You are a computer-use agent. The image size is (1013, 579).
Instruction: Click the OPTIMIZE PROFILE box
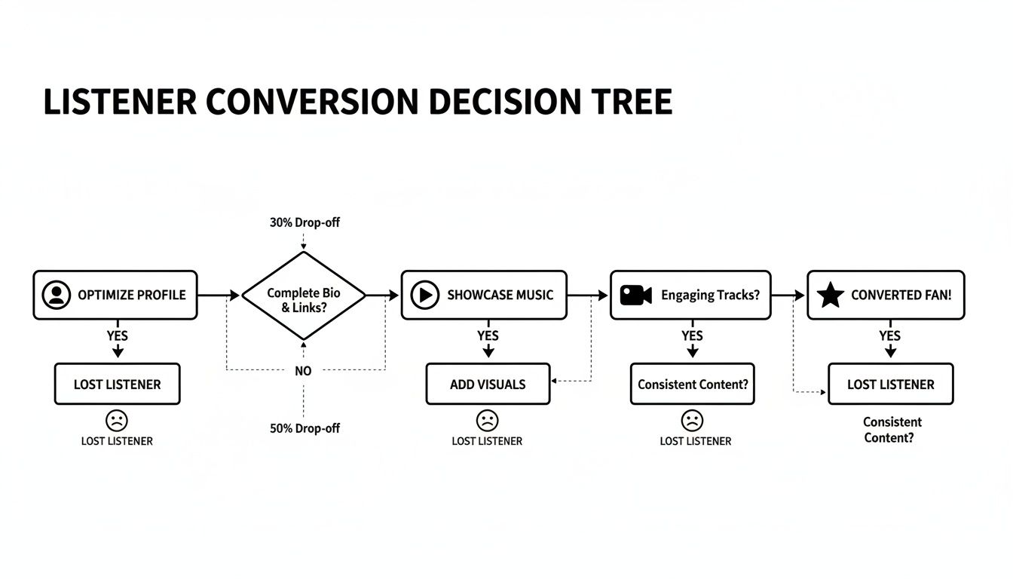[115, 295]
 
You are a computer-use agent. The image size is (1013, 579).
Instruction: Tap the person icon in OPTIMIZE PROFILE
[57, 295]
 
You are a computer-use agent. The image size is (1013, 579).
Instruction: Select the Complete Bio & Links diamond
[303, 296]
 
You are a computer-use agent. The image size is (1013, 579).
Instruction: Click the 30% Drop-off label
[305, 223]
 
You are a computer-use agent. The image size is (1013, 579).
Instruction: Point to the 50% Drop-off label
[305, 428]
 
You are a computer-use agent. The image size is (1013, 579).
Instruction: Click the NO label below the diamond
[303, 371]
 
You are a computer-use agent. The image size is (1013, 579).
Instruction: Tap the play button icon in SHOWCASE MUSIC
[424, 295]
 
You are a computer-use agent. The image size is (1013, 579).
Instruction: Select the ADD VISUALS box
[488, 384]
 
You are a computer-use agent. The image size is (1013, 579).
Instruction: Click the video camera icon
[635, 295]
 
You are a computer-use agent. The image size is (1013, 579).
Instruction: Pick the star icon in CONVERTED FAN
[830, 295]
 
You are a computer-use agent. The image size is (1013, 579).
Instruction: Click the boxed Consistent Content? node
[693, 384]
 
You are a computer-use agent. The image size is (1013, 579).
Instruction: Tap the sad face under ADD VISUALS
[488, 420]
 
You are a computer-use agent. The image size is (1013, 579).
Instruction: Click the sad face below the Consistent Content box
[692, 420]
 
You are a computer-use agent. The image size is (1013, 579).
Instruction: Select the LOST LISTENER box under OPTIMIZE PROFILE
[117, 384]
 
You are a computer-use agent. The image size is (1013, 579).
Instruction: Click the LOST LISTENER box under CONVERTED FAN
[890, 384]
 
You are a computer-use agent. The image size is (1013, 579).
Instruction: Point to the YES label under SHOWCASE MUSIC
[488, 335]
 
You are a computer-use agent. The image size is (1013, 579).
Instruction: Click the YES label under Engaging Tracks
[692, 335]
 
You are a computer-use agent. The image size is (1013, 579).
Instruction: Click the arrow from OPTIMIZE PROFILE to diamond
[219, 296]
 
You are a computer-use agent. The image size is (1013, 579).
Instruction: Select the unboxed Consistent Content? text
[892, 430]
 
